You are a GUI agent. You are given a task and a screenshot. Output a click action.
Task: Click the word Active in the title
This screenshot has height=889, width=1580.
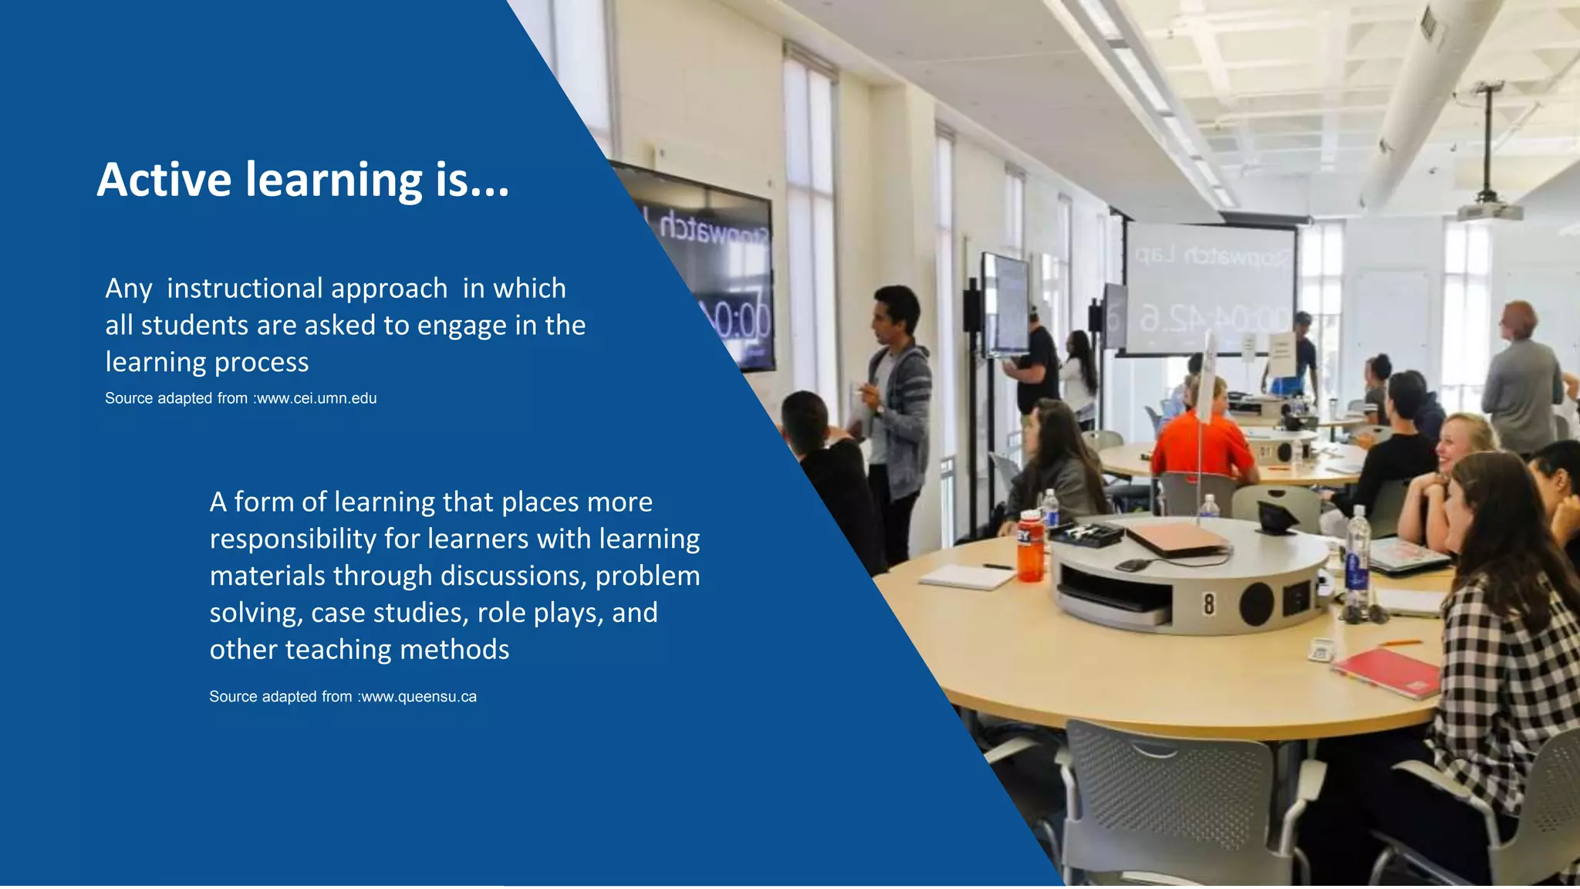tap(164, 180)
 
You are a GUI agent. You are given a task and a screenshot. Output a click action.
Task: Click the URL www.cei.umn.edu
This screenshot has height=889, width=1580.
tap(316, 398)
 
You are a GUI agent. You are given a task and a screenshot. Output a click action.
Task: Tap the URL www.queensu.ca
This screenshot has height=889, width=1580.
tap(419, 697)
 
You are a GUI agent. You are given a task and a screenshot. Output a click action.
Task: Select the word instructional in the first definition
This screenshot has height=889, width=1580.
tap(307, 289)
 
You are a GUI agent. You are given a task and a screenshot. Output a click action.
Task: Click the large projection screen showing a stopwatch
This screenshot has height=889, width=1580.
tap(1210, 289)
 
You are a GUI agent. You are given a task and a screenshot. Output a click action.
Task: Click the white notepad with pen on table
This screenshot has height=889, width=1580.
tap(967, 576)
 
